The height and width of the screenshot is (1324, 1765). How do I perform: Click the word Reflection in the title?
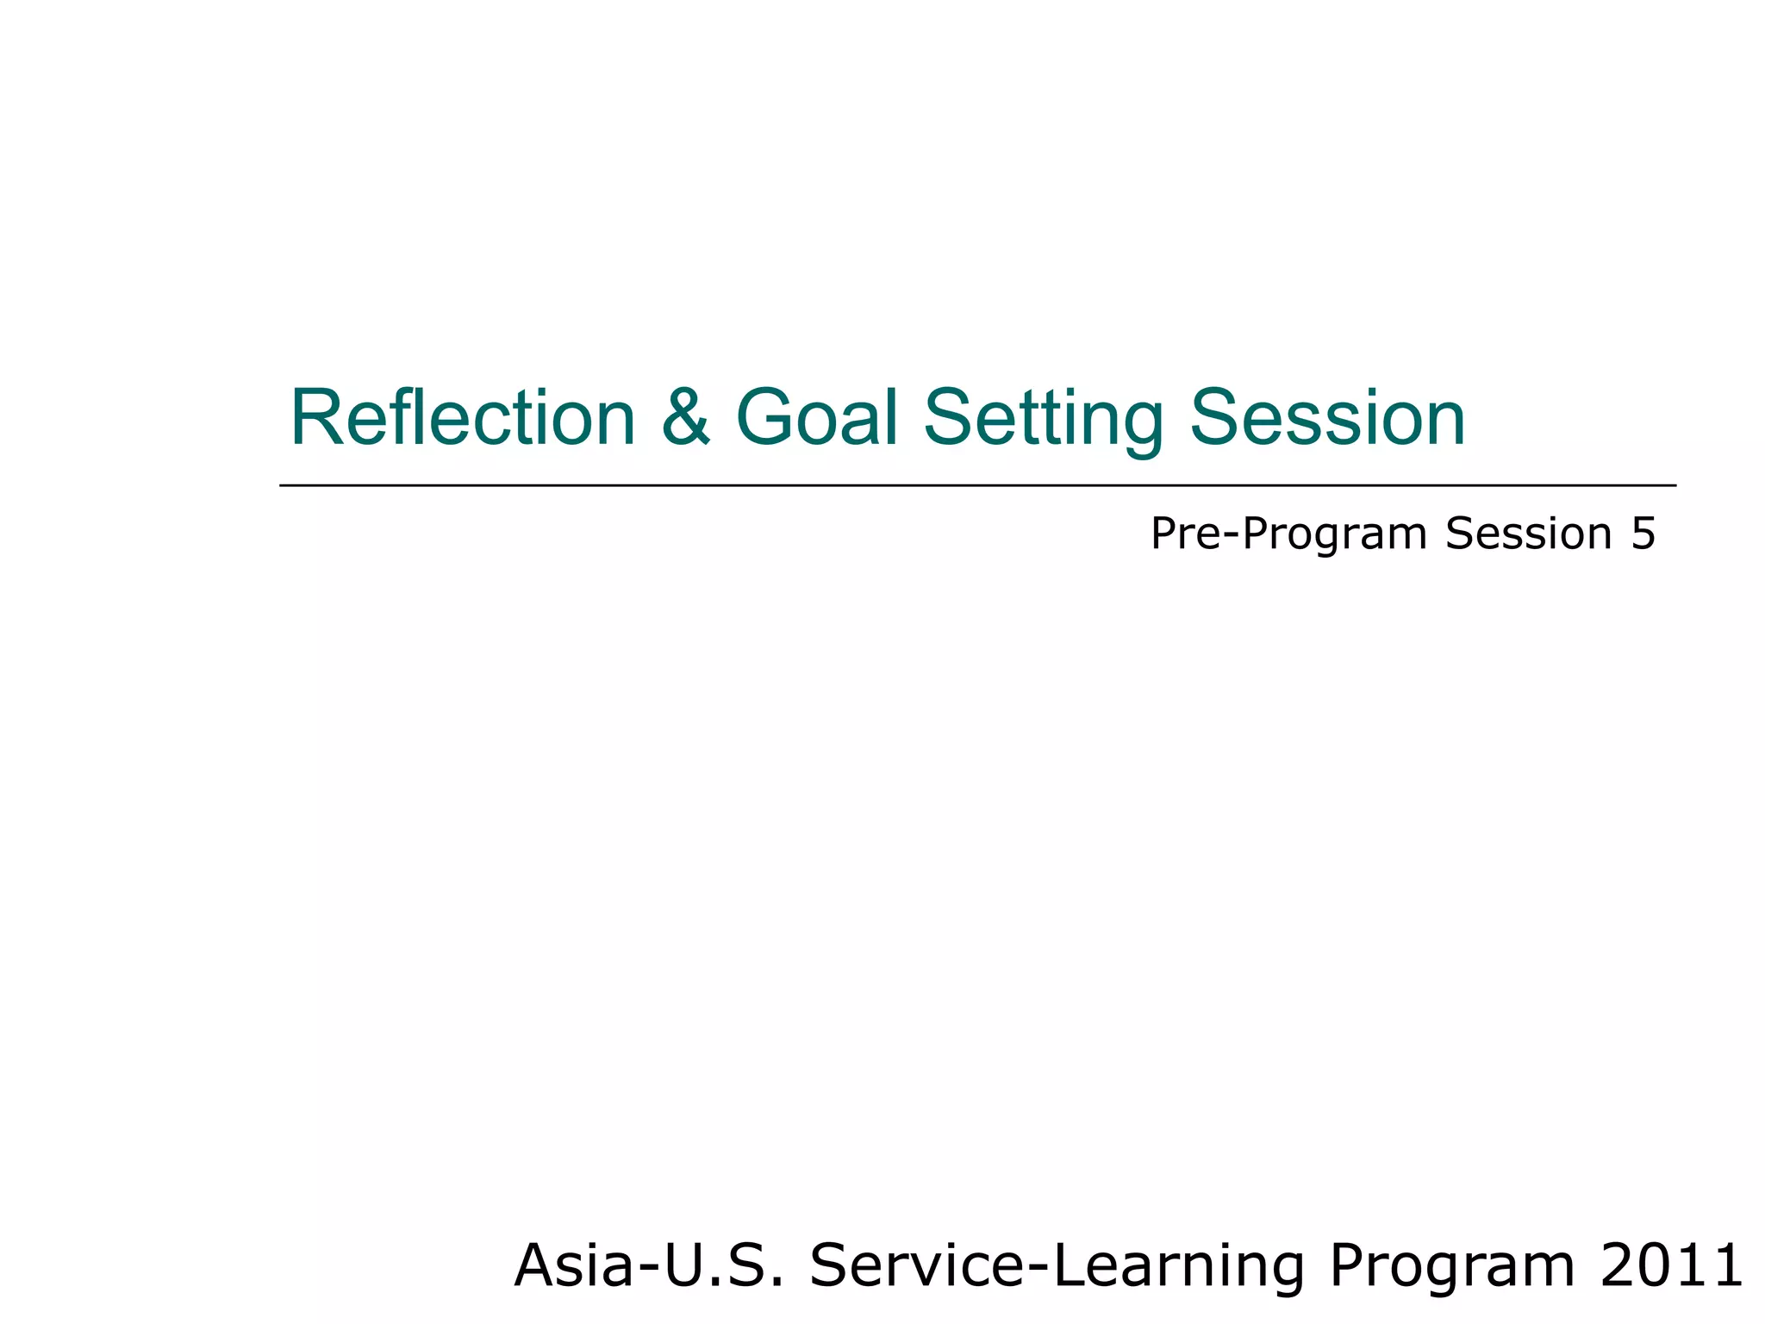[x=463, y=418]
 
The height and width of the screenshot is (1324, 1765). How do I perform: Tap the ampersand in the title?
[x=686, y=418]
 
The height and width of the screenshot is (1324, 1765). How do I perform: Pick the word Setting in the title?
[x=1043, y=420]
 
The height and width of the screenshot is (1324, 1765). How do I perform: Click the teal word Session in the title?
[x=1327, y=418]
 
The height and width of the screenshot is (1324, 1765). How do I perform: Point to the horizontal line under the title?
[x=977, y=485]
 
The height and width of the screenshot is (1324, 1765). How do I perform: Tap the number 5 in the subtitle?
[x=1643, y=534]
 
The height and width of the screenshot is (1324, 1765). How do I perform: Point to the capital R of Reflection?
[x=315, y=418]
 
